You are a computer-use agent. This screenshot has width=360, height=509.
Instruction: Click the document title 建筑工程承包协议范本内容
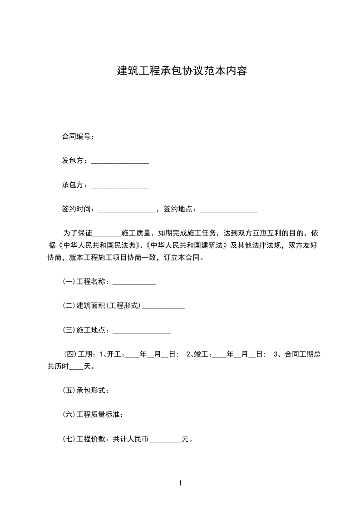(x=182, y=71)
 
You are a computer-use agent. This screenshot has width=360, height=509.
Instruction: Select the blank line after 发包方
(x=120, y=162)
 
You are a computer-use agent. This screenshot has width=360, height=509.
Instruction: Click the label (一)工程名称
(x=85, y=282)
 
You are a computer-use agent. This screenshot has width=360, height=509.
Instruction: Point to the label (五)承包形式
(x=85, y=390)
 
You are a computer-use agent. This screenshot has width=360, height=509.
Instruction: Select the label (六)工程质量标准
(x=92, y=414)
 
